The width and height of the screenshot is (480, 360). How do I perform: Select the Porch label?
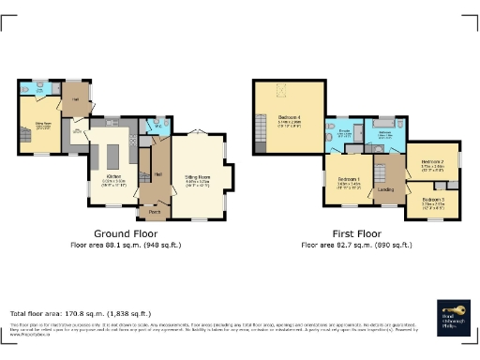pyautogui.click(x=154, y=213)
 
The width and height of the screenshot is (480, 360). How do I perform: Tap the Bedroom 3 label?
pyautogui.click(x=433, y=200)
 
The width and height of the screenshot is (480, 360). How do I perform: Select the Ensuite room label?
pyautogui.click(x=343, y=132)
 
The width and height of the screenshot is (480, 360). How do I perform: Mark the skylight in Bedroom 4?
pyautogui.click(x=280, y=92)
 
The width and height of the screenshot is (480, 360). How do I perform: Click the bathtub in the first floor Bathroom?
pyautogui.click(x=383, y=122)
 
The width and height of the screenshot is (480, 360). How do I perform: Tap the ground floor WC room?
pyautogui.click(x=156, y=127)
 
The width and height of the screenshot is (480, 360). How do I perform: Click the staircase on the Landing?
pyautogui.click(x=382, y=173)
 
